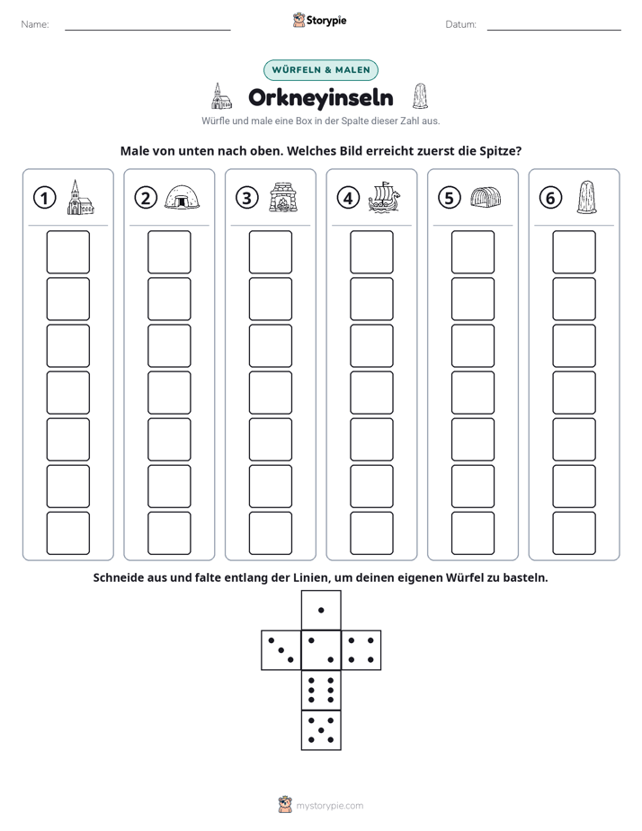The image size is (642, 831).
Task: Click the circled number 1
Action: pyautogui.click(x=44, y=198)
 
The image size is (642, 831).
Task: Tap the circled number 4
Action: pyautogui.click(x=348, y=198)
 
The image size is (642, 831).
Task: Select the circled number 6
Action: pyautogui.click(x=550, y=198)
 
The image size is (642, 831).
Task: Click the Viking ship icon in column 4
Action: pyautogui.click(x=384, y=198)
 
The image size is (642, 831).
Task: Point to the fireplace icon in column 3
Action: pyautogui.click(x=283, y=198)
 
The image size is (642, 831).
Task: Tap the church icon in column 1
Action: pyautogui.click(x=81, y=197)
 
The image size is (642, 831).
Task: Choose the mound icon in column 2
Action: pyautogui.click(x=183, y=198)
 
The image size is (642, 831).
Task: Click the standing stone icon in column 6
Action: pyautogui.click(x=586, y=198)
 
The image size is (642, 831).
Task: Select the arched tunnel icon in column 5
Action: pyautogui.click(x=486, y=197)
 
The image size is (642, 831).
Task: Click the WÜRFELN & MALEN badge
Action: pyautogui.click(x=321, y=70)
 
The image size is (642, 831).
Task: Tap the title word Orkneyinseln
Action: pyautogui.click(x=320, y=97)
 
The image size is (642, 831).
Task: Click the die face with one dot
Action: pyautogui.click(x=321, y=610)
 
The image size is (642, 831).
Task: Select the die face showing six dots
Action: pyautogui.click(x=321, y=690)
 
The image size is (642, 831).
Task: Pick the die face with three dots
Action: pyautogui.click(x=281, y=650)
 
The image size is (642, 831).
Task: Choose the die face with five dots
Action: pyautogui.click(x=321, y=730)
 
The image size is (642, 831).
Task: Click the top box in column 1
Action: pyautogui.click(x=68, y=252)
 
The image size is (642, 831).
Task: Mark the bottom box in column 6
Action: pyautogui.click(x=575, y=533)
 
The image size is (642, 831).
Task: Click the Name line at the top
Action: pyautogui.click(x=147, y=30)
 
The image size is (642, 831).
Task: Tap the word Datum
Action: pyautogui.click(x=460, y=24)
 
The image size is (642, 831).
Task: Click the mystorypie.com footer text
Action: pyautogui.click(x=329, y=806)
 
